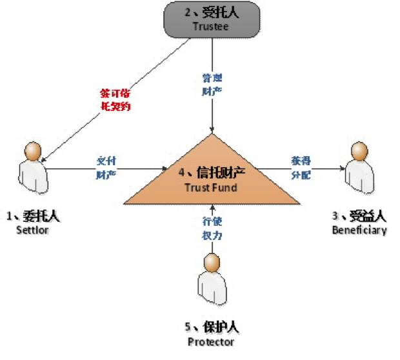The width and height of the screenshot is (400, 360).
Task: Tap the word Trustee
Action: click(212, 26)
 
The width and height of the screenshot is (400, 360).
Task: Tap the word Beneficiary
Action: click(359, 230)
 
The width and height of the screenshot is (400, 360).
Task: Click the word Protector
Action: click(211, 341)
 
